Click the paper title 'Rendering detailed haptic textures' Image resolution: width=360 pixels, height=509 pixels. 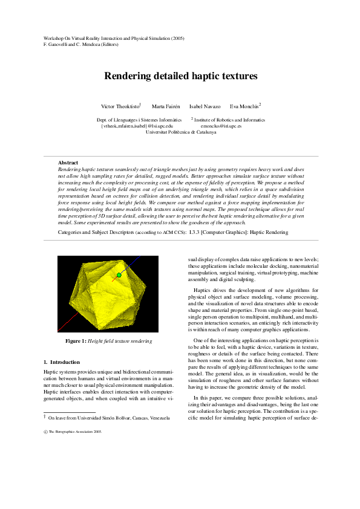[181, 76]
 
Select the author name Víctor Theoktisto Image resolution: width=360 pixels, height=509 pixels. [121, 106]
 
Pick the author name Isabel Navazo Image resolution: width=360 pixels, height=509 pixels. [205, 106]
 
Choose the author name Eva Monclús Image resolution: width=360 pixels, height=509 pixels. [244, 106]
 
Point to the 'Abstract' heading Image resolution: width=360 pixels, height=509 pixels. [68, 163]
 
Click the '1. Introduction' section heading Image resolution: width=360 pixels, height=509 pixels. [62, 361]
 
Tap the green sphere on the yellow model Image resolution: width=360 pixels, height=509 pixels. [119, 275]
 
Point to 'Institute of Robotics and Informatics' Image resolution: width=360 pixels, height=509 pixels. [230, 120]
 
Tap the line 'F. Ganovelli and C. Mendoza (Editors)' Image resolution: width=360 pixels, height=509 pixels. [82, 45]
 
